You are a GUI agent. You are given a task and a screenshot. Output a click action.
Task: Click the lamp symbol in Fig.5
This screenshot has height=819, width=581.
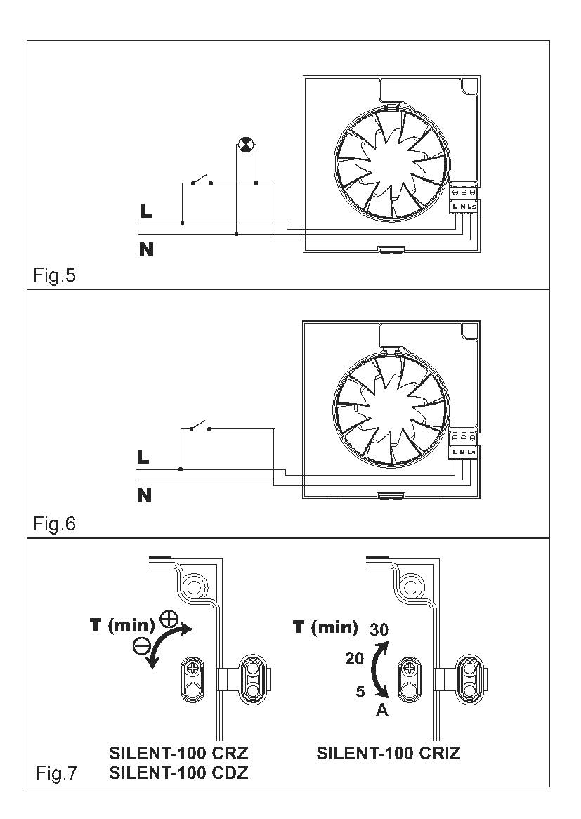244,145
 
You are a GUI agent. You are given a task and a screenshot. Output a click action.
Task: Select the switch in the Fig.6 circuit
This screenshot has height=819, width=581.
200,426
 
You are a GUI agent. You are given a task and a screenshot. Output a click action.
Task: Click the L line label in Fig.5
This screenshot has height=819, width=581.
145,211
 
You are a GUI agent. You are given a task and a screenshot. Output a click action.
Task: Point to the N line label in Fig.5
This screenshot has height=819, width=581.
146,249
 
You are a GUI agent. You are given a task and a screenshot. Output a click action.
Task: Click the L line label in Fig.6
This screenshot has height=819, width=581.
143,457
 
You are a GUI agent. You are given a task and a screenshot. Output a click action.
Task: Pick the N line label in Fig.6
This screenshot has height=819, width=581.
144,495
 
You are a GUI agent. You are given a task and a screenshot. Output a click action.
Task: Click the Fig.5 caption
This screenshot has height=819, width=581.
54,275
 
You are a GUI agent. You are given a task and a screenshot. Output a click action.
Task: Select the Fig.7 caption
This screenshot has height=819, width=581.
56,773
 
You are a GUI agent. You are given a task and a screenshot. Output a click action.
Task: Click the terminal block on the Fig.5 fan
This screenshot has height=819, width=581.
464,199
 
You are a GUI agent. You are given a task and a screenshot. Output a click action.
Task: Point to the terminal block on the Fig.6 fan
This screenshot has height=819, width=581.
464,445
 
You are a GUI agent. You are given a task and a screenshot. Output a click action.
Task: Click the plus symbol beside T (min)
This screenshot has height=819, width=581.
169,619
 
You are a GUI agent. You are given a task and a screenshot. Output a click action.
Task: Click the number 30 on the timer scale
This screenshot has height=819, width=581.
379,630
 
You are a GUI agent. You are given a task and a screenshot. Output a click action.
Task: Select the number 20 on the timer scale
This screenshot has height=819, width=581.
354,659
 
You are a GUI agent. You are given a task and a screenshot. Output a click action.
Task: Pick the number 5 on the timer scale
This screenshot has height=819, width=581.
360,692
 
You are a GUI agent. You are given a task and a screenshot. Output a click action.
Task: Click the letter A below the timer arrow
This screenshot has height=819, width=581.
382,710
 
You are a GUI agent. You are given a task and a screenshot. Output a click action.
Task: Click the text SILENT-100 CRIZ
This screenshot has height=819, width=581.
389,753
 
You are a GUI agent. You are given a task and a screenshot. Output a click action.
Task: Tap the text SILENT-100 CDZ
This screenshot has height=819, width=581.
178,773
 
